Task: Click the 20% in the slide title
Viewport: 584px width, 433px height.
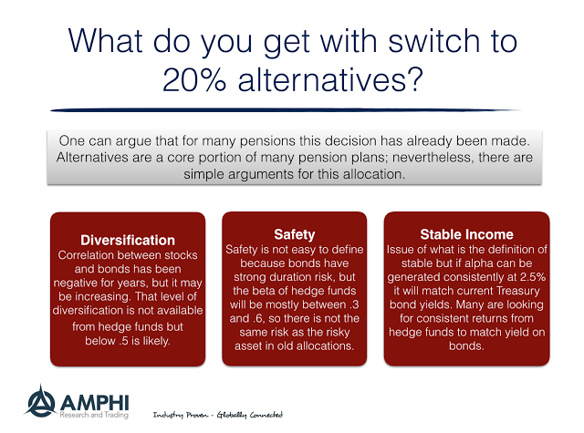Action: click(x=194, y=79)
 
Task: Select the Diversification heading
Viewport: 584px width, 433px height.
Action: click(x=128, y=241)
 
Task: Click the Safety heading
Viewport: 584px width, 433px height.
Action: click(x=294, y=234)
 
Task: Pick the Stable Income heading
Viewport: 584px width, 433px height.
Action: click(x=466, y=234)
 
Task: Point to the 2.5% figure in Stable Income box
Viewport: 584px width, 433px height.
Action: click(x=533, y=277)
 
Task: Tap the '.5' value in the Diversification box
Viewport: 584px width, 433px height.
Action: click(x=124, y=340)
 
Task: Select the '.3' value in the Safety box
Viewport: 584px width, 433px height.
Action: click(x=354, y=304)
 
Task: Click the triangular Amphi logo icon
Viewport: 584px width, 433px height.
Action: click(x=40, y=402)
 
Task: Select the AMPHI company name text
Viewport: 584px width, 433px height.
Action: click(x=95, y=402)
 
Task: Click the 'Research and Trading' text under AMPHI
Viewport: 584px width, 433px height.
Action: click(x=94, y=415)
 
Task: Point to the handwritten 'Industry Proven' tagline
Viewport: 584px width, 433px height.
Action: click(x=181, y=415)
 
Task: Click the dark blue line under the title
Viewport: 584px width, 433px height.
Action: click(x=286, y=110)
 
